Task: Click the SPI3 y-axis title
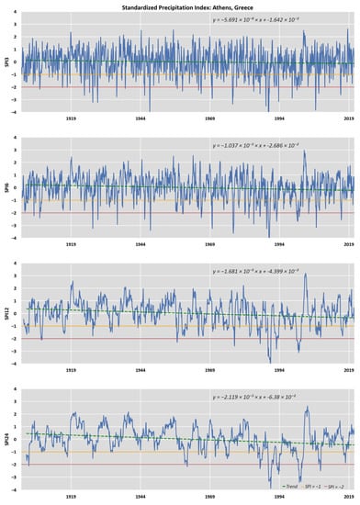[6, 62]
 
